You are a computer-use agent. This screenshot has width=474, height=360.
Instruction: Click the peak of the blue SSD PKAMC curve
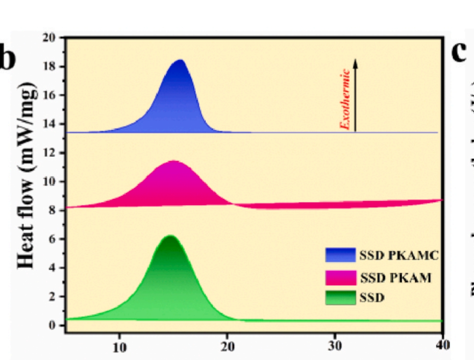pyautogui.click(x=180, y=60)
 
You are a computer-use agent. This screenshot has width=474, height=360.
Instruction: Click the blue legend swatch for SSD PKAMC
pyautogui.click(x=340, y=255)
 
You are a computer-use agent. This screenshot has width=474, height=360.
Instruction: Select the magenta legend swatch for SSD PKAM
pyautogui.click(x=340, y=278)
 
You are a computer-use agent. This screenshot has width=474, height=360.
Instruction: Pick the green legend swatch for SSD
pyautogui.click(x=340, y=297)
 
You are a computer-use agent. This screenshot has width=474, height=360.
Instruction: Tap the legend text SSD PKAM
pyautogui.click(x=395, y=278)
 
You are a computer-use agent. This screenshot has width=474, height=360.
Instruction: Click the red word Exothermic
pyautogui.click(x=345, y=99)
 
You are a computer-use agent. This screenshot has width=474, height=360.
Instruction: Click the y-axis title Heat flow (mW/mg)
pyautogui.click(x=27, y=175)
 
